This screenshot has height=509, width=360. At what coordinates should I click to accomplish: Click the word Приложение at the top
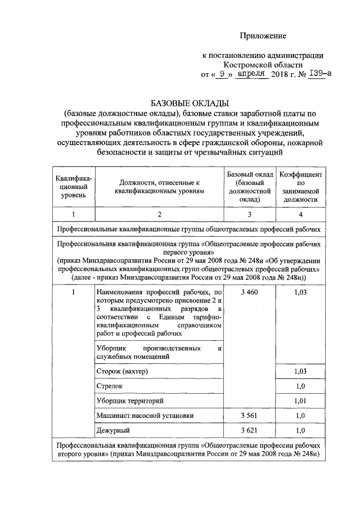click(263, 36)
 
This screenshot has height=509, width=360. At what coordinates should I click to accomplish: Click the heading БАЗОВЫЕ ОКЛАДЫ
click(188, 103)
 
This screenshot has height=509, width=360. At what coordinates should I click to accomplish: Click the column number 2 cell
click(159, 214)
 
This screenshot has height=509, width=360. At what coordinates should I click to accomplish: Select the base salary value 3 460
click(249, 293)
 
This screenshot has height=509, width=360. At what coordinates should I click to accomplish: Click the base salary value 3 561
click(249, 416)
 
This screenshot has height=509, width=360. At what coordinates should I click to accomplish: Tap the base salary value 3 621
click(249, 430)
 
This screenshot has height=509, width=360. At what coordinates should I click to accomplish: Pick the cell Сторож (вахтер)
click(124, 372)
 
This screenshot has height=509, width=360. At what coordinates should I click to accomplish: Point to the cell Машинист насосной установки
click(145, 416)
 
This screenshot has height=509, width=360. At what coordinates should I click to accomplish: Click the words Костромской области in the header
click(263, 65)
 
